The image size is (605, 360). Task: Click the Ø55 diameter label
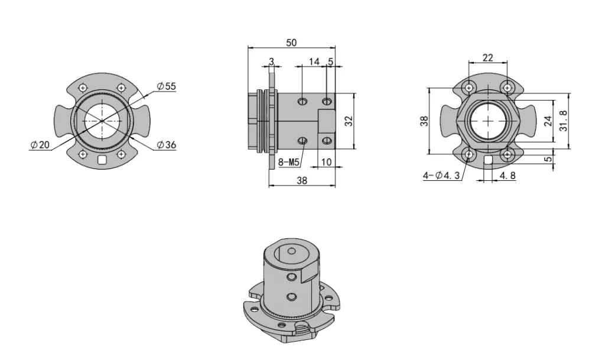click(x=166, y=86)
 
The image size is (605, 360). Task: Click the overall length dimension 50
click(x=291, y=43)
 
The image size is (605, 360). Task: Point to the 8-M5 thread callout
click(x=288, y=161)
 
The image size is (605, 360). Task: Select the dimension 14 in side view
click(x=314, y=61)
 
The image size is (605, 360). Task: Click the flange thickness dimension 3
click(x=271, y=61)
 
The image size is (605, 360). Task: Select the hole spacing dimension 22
click(x=487, y=57)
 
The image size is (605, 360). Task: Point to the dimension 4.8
click(x=506, y=176)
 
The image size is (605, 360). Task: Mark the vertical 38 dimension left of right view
click(x=424, y=121)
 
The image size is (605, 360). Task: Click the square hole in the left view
click(x=102, y=160)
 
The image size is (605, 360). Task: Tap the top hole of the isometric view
click(x=291, y=251)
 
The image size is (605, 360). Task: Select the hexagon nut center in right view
click(x=488, y=121)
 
